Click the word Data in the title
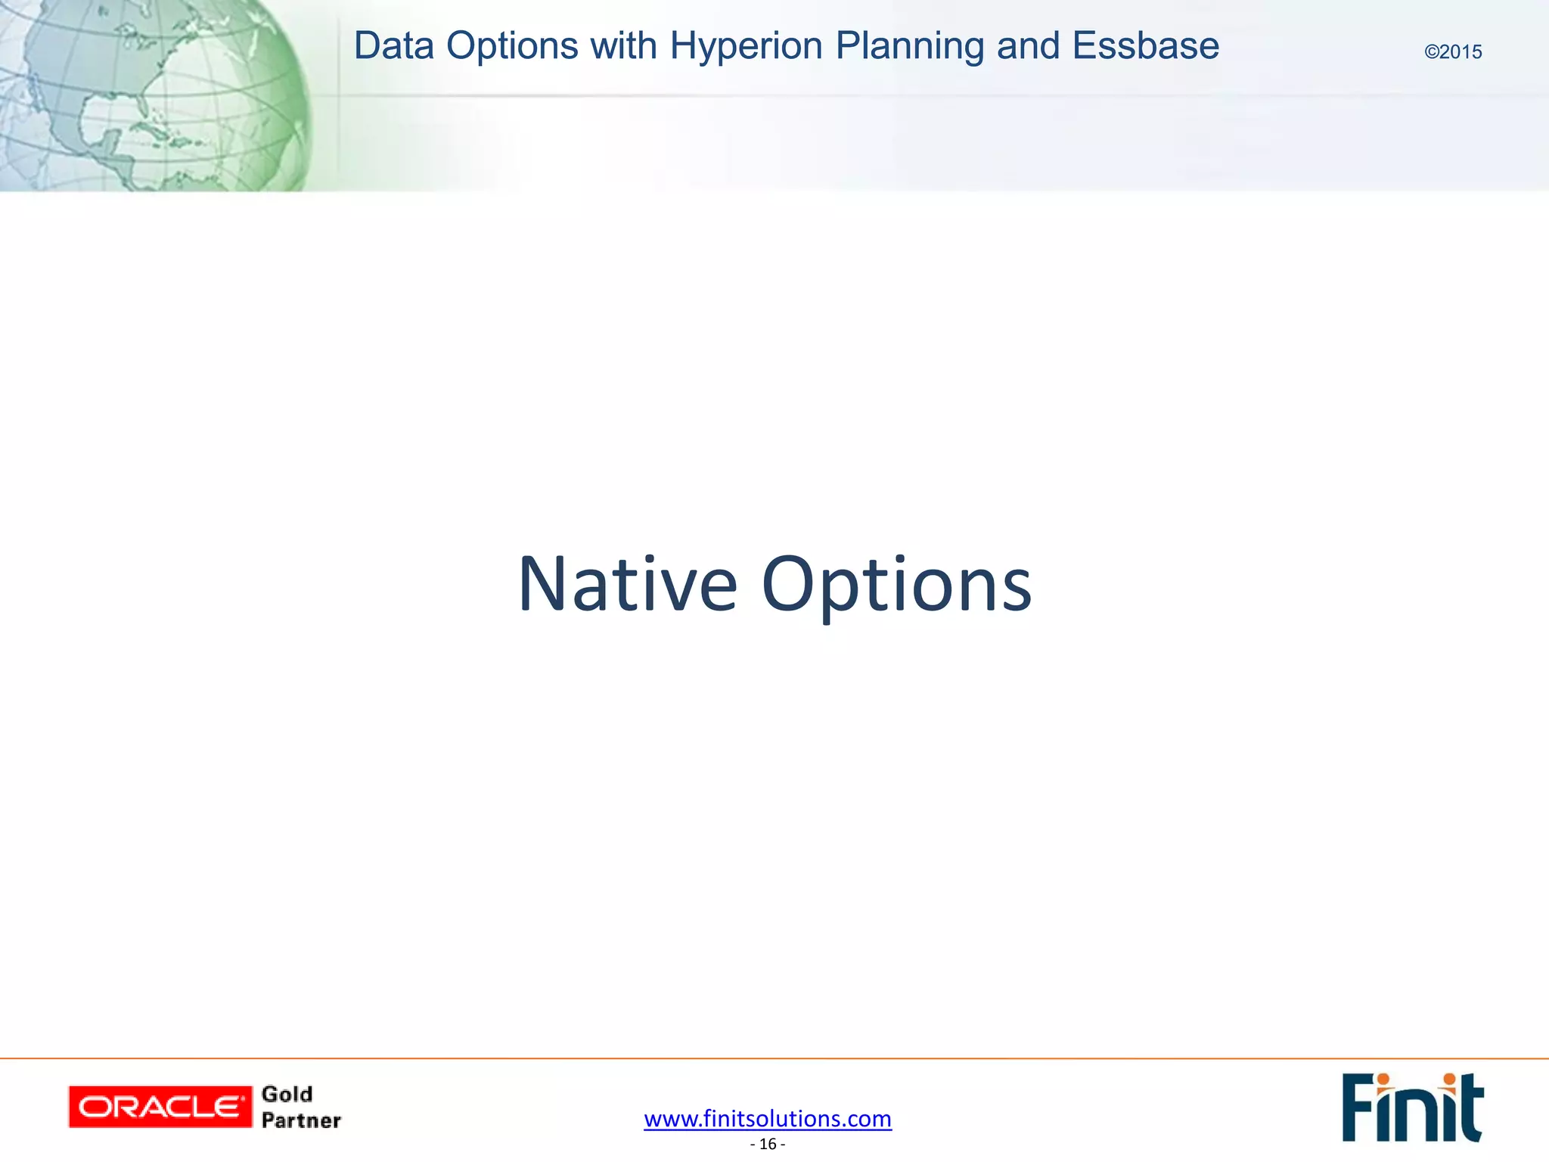(393, 46)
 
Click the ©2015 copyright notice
(1453, 52)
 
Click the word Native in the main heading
(627, 584)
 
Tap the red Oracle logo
(160, 1107)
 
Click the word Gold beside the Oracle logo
(287, 1094)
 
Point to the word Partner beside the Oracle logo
(301, 1120)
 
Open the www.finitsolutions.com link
(768, 1118)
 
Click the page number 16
(768, 1144)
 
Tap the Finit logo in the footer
(1412, 1108)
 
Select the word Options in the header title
(513, 46)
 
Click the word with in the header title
(623, 46)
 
